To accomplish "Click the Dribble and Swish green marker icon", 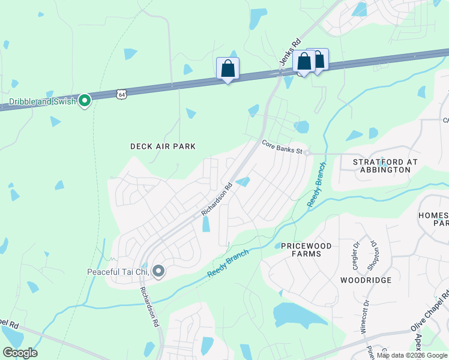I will [85, 101].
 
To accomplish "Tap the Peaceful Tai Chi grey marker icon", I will [158, 272].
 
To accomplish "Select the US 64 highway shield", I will [122, 94].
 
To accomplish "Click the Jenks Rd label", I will [289, 53].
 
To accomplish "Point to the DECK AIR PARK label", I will [163, 146].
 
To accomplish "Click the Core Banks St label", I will [281, 146].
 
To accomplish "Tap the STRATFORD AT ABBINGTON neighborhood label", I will [381, 166].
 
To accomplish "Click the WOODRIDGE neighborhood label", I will [366, 280].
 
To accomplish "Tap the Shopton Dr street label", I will [373, 248].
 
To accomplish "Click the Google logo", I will [20, 353].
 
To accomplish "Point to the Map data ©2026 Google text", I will [412, 355].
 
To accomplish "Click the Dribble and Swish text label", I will [42, 101].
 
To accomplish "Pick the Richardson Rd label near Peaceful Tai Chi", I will [149, 306].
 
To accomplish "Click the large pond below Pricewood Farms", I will [297, 314].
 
